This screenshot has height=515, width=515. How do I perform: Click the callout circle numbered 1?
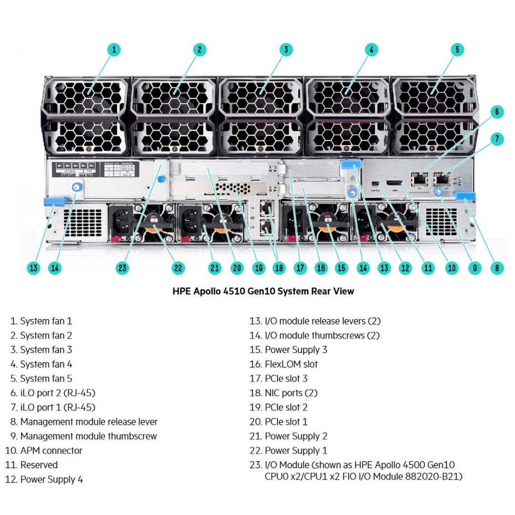[x=113, y=49]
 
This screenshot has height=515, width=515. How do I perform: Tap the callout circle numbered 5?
[x=457, y=49]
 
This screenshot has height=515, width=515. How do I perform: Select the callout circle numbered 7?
[x=496, y=139]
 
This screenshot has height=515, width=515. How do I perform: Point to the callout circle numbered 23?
[x=123, y=268]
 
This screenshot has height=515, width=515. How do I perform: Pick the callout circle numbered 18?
[x=279, y=268]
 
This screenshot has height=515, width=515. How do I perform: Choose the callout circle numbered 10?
[x=451, y=268]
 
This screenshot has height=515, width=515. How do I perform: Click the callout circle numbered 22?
[x=178, y=268]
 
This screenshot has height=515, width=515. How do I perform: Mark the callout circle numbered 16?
[x=321, y=268]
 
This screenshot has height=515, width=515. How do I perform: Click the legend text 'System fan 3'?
[x=46, y=350]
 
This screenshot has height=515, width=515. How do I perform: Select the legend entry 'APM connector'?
[x=51, y=451]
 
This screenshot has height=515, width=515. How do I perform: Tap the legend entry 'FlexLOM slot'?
[x=291, y=364]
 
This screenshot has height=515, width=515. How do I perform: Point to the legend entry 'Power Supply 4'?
[x=51, y=479]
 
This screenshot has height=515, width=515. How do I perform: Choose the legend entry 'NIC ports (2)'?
[x=291, y=393]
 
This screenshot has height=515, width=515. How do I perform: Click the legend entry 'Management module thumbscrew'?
[x=88, y=436]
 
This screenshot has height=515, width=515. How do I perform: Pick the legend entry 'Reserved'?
[x=39, y=465]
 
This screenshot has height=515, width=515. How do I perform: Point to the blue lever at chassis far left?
[x=53, y=201]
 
